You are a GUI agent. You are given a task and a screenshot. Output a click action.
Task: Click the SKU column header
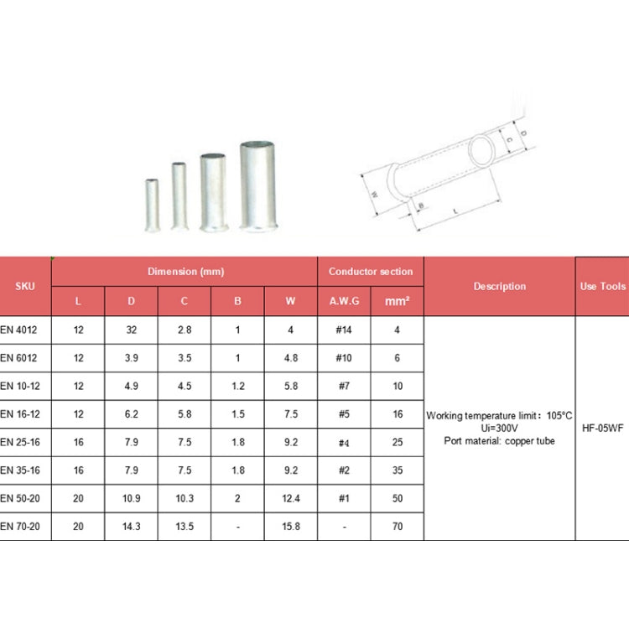tap(25, 286)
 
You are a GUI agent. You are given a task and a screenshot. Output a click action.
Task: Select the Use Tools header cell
tap(602, 286)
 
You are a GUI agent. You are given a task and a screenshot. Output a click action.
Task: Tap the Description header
tap(499, 286)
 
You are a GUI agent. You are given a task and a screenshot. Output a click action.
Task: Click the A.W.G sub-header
tap(344, 301)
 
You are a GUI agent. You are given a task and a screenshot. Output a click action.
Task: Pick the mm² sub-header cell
tap(397, 301)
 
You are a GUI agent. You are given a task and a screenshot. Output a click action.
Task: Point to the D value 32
tap(131, 330)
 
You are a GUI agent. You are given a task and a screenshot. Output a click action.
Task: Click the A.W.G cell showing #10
tap(343, 358)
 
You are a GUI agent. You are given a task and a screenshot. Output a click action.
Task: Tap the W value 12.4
tap(290, 498)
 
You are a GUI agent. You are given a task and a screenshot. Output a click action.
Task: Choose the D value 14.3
tap(131, 527)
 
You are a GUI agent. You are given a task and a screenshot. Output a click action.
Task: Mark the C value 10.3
tap(185, 498)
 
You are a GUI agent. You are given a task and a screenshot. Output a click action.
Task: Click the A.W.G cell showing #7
tap(343, 386)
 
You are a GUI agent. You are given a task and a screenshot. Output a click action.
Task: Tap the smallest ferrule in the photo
tap(152, 205)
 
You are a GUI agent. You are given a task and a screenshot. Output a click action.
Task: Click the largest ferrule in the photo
tap(257, 186)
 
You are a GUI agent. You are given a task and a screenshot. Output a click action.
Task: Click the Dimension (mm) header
tap(185, 272)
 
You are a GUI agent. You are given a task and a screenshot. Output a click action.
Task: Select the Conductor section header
tap(370, 272)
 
